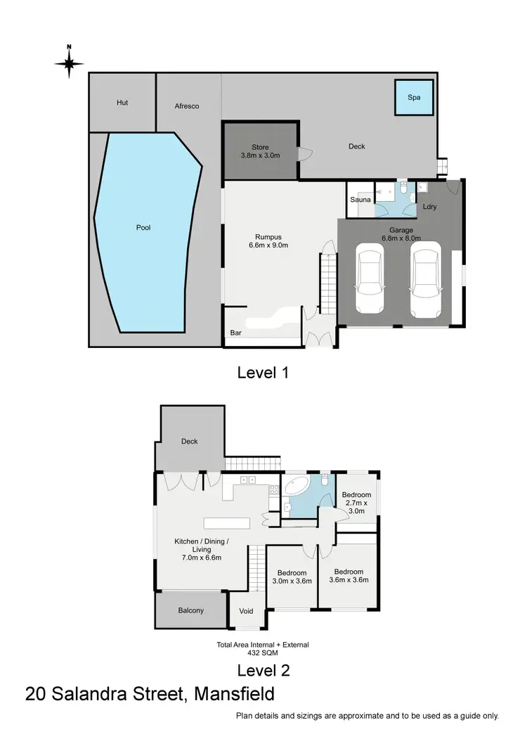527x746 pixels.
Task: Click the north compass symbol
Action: (69, 63)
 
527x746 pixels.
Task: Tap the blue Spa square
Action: (414, 97)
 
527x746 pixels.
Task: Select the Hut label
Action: (122, 103)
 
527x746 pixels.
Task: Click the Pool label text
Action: (143, 228)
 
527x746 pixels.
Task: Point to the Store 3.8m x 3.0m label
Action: (260, 151)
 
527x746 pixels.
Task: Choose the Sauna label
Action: (360, 200)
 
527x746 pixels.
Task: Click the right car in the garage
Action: (426, 278)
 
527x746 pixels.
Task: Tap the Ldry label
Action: (430, 207)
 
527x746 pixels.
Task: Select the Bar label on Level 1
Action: (235, 333)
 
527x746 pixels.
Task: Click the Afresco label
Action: (187, 106)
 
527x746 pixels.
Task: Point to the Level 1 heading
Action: (263, 373)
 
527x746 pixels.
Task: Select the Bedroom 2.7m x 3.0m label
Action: (356, 503)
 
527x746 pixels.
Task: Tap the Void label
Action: (246, 611)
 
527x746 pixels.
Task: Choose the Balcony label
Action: (190, 610)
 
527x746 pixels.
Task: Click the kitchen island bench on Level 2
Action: (227, 523)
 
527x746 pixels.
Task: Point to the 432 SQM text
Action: (263, 652)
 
